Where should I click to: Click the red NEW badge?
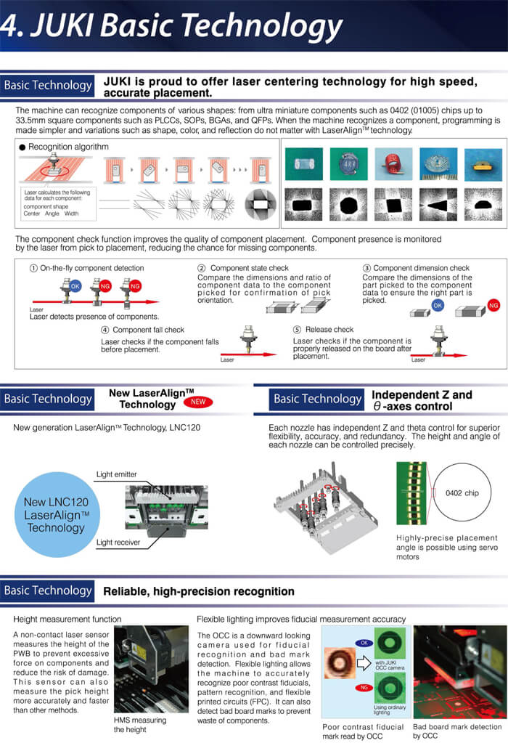(x=197, y=402)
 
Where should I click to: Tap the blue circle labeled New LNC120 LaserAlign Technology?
(x=56, y=514)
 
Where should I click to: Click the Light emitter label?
(x=116, y=474)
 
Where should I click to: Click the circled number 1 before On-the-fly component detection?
(x=33, y=268)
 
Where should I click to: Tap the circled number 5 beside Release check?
(x=298, y=330)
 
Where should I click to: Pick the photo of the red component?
(x=393, y=165)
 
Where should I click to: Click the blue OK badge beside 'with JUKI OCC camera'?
(x=363, y=642)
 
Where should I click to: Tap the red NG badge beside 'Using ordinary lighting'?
(x=363, y=686)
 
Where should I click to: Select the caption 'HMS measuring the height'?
(x=140, y=725)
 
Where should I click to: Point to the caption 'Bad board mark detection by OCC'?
(x=456, y=731)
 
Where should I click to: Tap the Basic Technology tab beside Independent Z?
(x=317, y=399)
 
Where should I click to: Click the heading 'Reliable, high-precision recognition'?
(x=199, y=591)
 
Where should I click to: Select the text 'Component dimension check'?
(x=421, y=268)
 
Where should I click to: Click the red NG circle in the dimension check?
(x=493, y=305)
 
